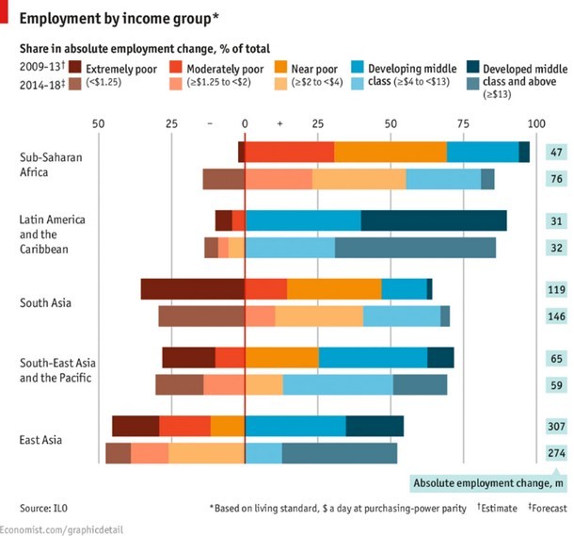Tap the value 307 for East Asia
[x=555, y=426]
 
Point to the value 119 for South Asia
[x=555, y=290]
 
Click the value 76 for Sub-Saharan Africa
[x=555, y=179]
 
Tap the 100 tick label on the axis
[x=536, y=123]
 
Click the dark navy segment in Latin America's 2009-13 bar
[x=434, y=220]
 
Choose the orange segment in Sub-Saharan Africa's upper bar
[x=390, y=152]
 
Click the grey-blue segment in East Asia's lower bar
[x=339, y=453]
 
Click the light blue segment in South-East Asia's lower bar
[x=337, y=384]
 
